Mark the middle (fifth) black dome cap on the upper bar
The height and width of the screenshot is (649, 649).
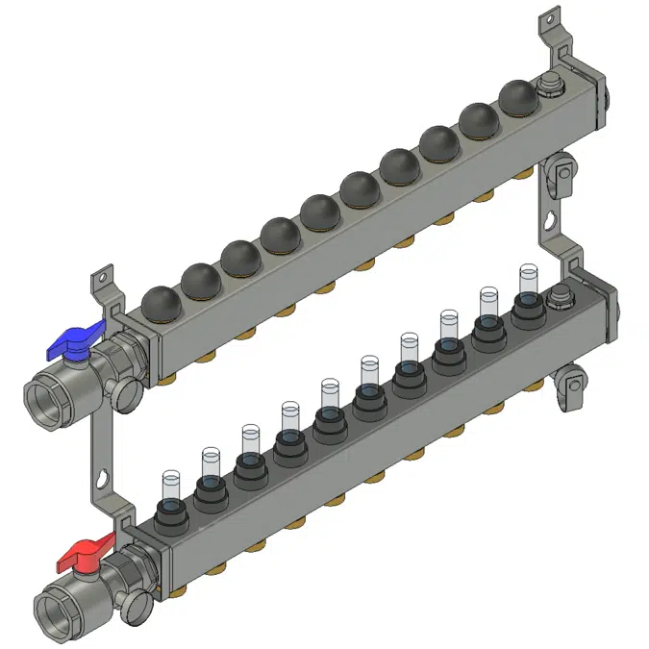click(x=319, y=211)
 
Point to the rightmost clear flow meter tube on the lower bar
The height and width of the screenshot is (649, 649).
click(x=526, y=279)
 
